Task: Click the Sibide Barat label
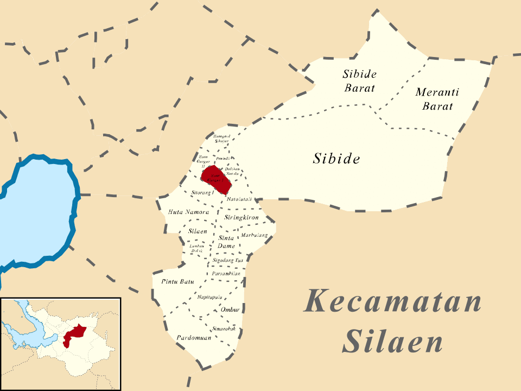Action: (x=359, y=80)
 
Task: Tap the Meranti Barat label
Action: (x=437, y=99)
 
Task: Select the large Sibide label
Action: (x=336, y=159)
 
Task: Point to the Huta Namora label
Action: (x=188, y=212)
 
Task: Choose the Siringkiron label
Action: (x=241, y=217)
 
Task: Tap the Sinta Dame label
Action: (x=226, y=242)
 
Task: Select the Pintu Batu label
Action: (x=177, y=281)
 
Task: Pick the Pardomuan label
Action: (x=194, y=337)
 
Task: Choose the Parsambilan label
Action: (x=226, y=274)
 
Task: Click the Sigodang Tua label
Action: (x=228, y=261)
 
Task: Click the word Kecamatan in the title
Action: (x=392, y=301)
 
